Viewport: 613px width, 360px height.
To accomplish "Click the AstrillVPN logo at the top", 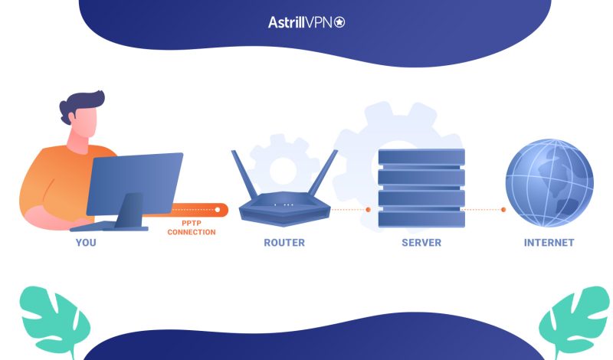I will (306, 23).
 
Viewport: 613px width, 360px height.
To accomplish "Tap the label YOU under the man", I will (86, 243).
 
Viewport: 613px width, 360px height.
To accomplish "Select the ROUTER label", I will (284, 243).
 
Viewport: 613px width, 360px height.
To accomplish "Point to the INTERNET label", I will (549, 243).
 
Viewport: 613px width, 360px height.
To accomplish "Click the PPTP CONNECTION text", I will (192, 227).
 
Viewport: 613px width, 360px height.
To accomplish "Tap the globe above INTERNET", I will (549, 182).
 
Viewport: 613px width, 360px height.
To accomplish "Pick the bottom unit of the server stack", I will (421, 218).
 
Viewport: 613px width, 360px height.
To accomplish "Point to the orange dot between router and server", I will (368, 209).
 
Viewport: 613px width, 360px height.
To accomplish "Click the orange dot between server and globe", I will (503, 209).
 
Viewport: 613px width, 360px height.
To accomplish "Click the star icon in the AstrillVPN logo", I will (339, 23).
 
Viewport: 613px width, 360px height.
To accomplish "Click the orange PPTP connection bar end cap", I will (221, 209).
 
